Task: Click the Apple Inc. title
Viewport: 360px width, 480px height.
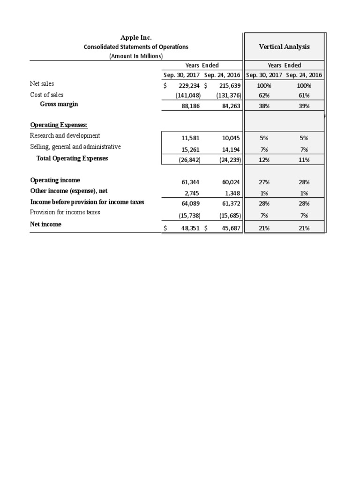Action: point(136,37)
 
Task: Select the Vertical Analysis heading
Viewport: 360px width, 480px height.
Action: point(284,46)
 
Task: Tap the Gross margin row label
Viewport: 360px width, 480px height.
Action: point(59,104)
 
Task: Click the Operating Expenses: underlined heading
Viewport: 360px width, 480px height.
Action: point(59,125)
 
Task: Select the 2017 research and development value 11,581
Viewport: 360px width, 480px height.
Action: point(190,138)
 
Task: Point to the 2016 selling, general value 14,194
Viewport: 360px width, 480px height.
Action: point(230,150)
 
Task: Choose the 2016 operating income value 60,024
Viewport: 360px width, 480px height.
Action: point(230,182)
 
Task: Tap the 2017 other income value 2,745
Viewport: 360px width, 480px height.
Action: point(192,193)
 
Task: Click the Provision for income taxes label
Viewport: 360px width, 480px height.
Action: point(65,212)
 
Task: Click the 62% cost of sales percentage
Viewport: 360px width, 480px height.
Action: point(264,95)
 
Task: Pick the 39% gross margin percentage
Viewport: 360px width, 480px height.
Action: point(304,106)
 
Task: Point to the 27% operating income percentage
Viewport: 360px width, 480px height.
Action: point(264,182)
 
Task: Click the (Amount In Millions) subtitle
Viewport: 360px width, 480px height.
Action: point(136,56)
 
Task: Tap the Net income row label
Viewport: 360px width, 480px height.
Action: point(45,225)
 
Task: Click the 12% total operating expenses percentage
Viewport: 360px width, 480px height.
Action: point(264,160)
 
